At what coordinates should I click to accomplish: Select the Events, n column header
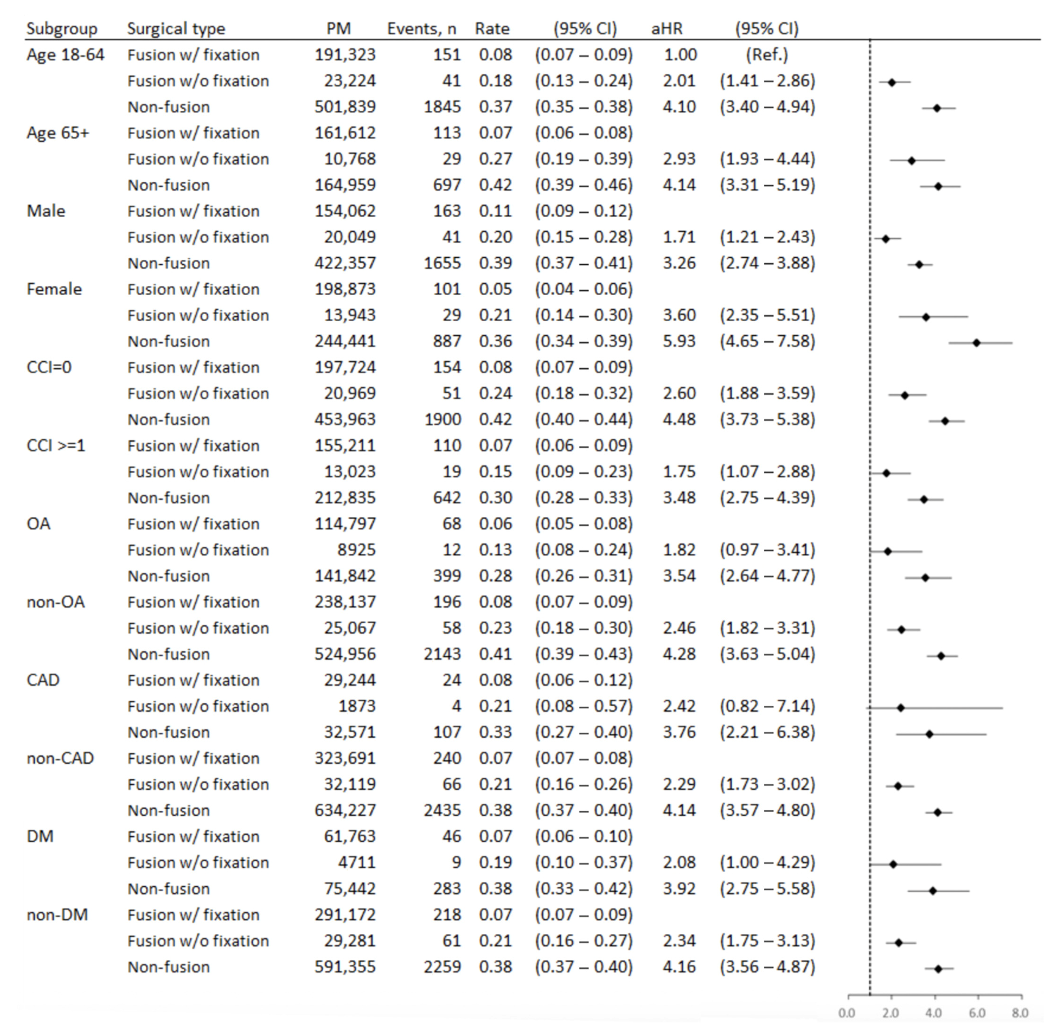point(422,29)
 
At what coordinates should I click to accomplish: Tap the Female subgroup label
point(54,290)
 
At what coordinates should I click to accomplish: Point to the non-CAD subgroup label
point(60,759)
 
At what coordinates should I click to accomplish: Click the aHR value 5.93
point(679,342)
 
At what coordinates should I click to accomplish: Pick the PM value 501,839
point(345,107)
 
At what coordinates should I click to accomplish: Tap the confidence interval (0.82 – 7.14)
point(767,706)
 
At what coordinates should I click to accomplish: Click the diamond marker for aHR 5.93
point(976,343)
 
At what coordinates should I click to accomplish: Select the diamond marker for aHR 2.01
point(891,82)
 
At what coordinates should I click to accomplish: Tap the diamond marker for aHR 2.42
point(900,708)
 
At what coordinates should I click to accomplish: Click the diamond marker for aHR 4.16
point(938,969)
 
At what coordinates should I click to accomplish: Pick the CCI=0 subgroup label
point(49,368)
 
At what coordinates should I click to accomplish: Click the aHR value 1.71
point(679,237)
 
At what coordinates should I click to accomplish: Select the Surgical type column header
point(176,29)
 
